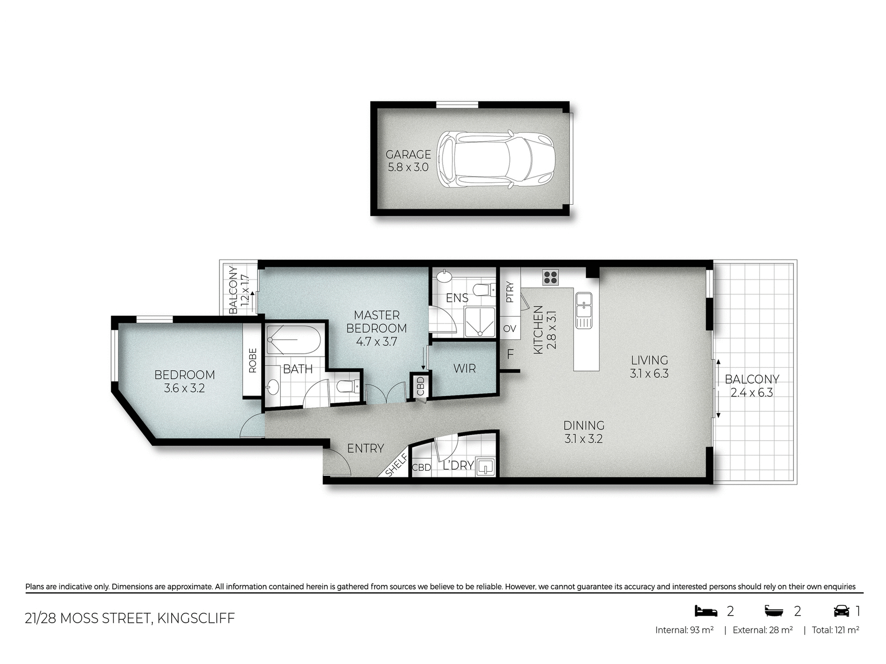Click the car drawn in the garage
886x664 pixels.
[496, 159]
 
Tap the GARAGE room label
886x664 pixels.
[408, 154]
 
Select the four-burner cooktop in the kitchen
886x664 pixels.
[551, 277]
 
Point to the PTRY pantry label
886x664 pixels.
[510, 292]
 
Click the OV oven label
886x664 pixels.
[509, 329]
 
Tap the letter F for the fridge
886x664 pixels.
[510, 354]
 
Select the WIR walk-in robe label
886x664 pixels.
[464, 368]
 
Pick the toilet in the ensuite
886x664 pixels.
[482, 290]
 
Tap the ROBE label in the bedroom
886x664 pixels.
[252, 360]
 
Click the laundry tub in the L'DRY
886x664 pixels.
[485, 466]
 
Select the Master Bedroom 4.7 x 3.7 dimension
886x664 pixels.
[377, 342]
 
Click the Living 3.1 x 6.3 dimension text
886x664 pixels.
[649, 373]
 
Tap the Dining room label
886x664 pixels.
[584, 425]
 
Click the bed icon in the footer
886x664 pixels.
[706, 611]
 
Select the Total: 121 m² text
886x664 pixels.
[835, 630]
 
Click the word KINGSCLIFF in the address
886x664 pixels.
[196, 618]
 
